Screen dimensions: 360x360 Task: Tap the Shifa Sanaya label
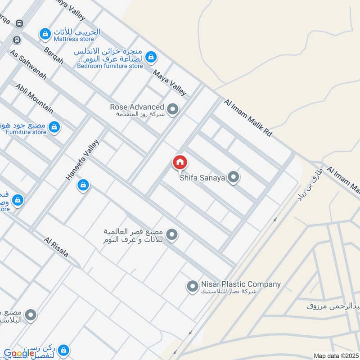tap(202, 178)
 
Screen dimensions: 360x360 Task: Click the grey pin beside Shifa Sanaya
tap(233, 177)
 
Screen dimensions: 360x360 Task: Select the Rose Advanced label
tap(137, 107)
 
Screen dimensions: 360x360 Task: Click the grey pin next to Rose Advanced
tap(172, 109)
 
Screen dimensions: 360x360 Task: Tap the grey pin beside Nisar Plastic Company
tap(192, 286)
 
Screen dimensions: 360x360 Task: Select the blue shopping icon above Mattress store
tap(45, 34)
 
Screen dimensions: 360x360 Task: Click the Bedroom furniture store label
tap(110, 66)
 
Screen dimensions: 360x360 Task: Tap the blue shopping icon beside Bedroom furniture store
tap(152, 57)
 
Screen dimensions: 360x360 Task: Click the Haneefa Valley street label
tap(82, 160)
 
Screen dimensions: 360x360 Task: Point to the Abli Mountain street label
tap(34, 98)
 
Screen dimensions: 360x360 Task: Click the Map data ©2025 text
tap(335, 356)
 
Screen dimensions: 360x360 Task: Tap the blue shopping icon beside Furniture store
tap(54, 127)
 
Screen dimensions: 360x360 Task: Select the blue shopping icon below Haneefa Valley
tap(83, 185)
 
